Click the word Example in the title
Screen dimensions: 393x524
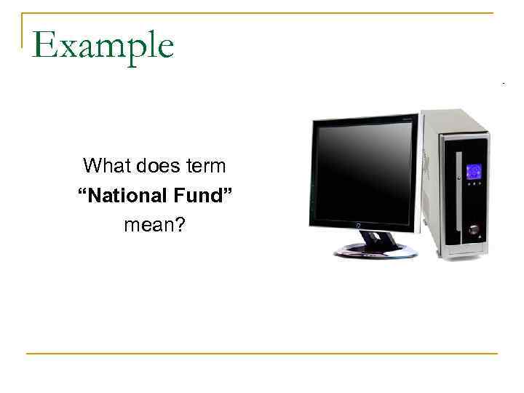(x=103, y=46)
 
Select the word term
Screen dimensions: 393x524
(x=206, y=166)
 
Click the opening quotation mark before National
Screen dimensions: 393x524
(x=82, y=194)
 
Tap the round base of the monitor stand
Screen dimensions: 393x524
(x=376, y=250)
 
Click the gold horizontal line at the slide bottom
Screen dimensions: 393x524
(x=262, y=354)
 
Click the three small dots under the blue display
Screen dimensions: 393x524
(x=473, y=184)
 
